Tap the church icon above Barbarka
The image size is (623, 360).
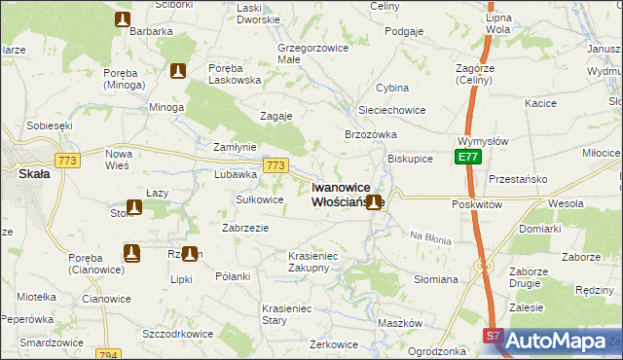[x=122, y=19]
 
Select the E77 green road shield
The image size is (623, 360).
[x=468, y=157]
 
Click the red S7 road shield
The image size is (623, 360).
[x=494, y=336]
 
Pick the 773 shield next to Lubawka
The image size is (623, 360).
[x=275, y=166]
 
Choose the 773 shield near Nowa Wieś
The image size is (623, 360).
[x=67, y=161]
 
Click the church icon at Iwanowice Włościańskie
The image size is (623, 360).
[x=373, y=202]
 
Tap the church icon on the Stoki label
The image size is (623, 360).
[x=132, y=207]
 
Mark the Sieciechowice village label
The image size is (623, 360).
[x=391, y=110]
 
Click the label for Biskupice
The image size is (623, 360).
[x=410, y=158]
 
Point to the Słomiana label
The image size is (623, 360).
[x=437, y=279]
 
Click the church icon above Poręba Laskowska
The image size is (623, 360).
[x=177, y=71]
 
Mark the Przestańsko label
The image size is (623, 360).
[x=519, y=179]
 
